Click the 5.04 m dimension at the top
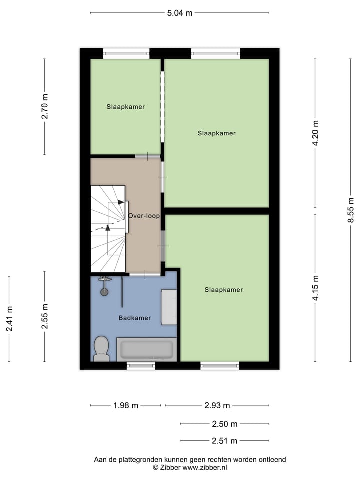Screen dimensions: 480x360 180,13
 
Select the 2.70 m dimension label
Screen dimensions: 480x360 45,106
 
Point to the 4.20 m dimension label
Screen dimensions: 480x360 315,133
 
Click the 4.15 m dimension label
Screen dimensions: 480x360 315,288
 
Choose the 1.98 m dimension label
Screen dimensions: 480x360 126,405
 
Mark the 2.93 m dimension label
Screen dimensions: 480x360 217,405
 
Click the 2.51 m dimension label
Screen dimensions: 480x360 224,441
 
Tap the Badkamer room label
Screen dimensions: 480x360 134,318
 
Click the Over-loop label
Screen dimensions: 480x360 144,216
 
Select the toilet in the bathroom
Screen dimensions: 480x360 102,348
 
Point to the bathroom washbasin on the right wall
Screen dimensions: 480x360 169,307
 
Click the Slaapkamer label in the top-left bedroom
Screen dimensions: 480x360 125,107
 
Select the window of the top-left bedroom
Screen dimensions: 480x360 126,53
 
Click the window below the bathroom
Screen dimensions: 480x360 141,366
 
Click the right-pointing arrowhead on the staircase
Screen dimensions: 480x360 121,202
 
